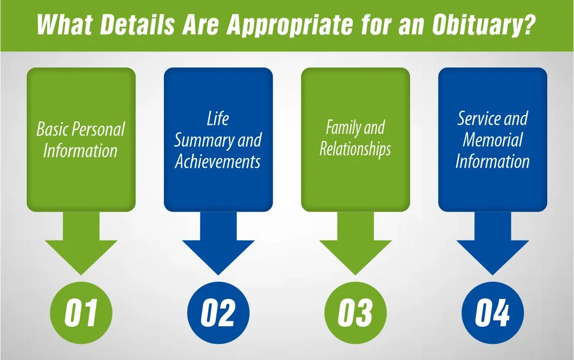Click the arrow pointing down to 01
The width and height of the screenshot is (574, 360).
tap(81, 244)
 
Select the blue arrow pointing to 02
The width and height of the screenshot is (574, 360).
tap(218, 244)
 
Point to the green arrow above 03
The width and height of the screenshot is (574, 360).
tap(356, 244)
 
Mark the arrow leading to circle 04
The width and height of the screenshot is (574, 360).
tap(493, 244)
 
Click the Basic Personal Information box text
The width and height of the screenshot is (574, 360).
tap(81, 140)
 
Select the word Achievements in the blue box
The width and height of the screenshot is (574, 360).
tap(218, 162)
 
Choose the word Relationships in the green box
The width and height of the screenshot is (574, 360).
tap(356, 149)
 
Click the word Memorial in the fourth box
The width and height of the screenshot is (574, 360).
tap(493, 140)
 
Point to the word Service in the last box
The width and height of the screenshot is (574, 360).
tap(478, 119)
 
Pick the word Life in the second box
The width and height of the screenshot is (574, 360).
tap(218, 119)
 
